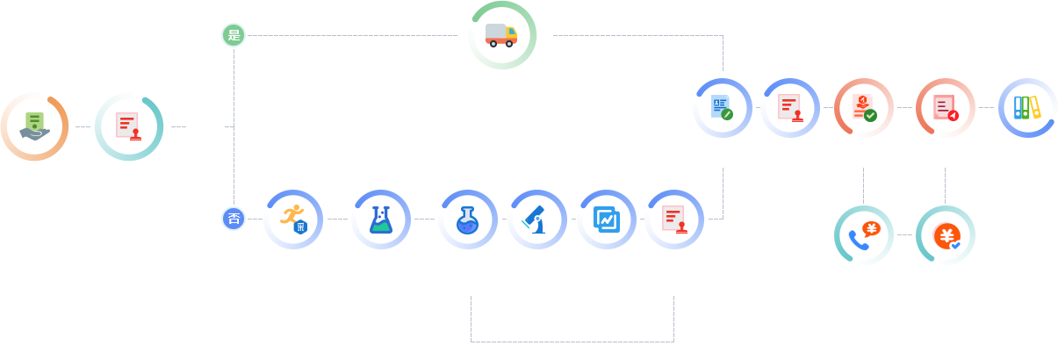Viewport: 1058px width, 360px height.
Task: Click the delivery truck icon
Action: (x=502, y=35)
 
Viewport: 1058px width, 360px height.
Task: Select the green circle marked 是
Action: (x=234, y=35)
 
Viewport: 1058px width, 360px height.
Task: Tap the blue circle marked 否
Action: (x=234, y=219)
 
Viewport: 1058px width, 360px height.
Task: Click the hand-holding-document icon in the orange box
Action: (x=33, y=126)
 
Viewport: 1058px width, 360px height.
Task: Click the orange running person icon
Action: (x=293, y=218)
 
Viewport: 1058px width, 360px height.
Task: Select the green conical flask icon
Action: (x=379, y=219)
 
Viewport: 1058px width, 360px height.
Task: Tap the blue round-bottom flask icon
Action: (x=464, y=219)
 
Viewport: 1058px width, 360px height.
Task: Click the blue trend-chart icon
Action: (x=605, y=218)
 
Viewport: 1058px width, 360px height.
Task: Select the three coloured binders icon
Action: (x=1026, y=107)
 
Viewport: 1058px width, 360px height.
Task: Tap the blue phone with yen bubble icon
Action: (x=861, y=235)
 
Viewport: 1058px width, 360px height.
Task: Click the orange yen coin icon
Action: (x=946, y=235)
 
